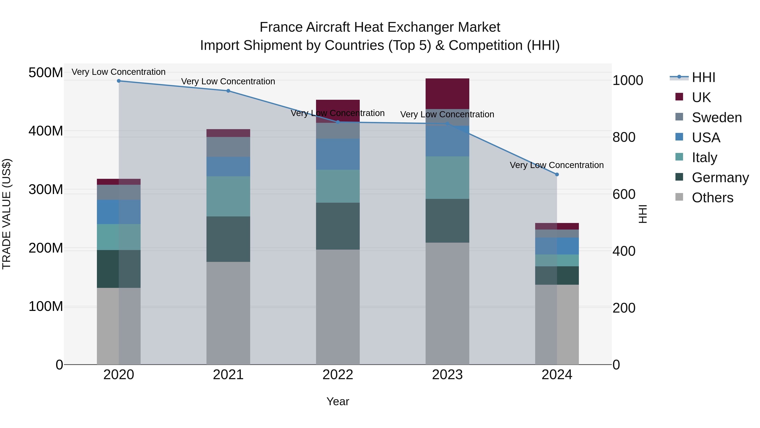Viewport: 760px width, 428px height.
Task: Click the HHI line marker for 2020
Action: click(119, 81)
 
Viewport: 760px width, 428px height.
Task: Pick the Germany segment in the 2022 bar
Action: click(338, 226)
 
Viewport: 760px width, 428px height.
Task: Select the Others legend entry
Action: click(712, 198)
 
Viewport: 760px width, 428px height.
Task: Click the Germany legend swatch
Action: click(679, 177)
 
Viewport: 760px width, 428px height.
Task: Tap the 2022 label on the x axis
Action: click(338, 375)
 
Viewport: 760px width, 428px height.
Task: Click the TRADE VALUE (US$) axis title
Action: click(7, 214)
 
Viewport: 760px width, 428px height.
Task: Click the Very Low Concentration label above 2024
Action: click(556, 165)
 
